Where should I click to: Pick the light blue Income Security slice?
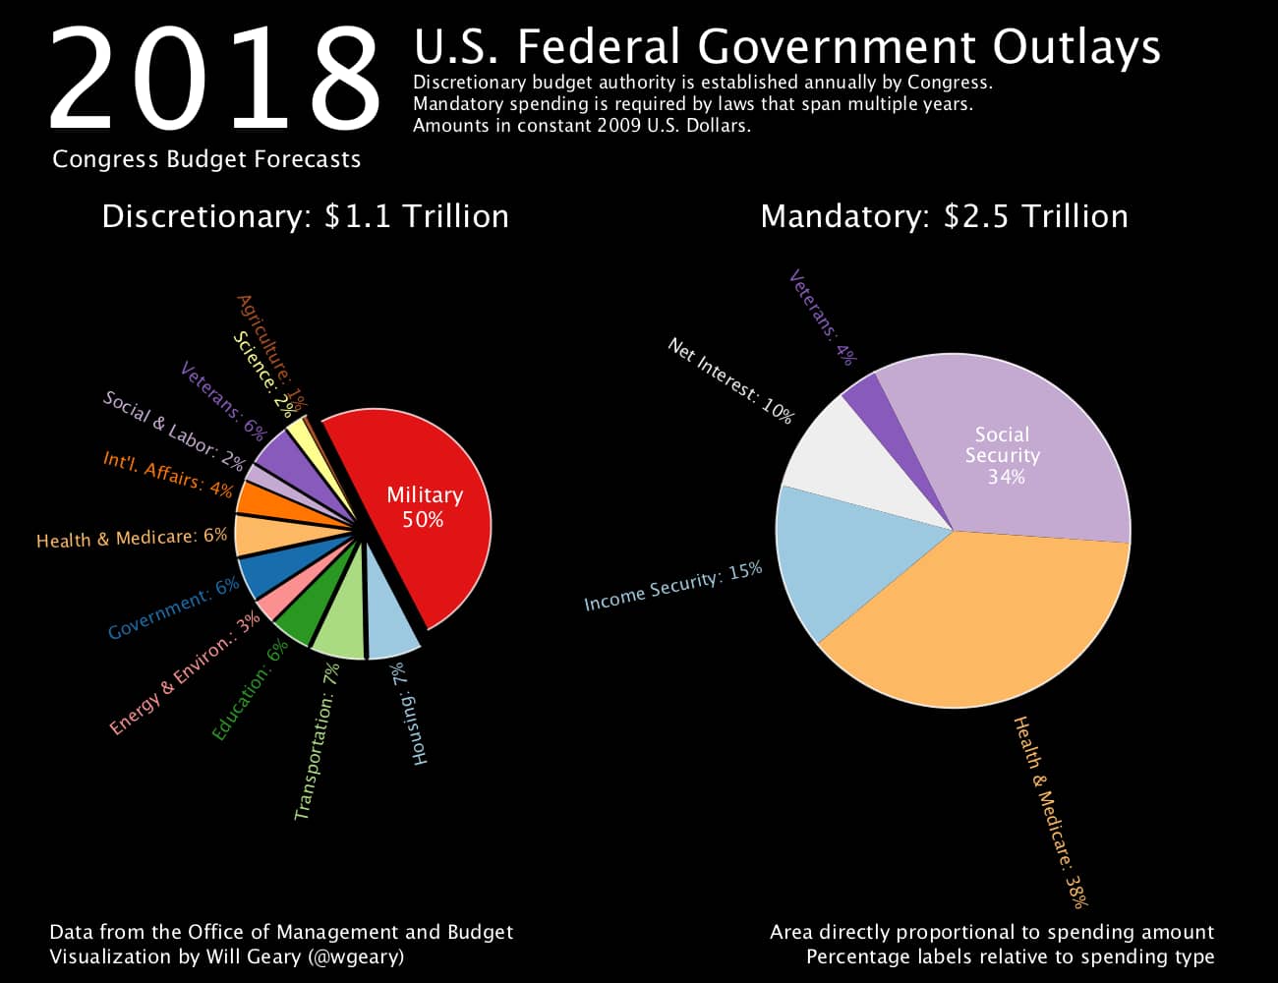[845, 560]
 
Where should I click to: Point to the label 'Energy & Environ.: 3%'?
[184, 673]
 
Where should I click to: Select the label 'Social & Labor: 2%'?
[173, 430]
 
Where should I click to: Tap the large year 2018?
[214, 79]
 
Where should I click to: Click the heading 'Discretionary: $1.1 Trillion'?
[305, 216]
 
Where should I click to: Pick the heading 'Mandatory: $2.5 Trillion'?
[944, 216]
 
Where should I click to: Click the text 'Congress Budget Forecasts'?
[206, 159]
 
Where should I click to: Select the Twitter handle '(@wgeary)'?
[355, 956]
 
